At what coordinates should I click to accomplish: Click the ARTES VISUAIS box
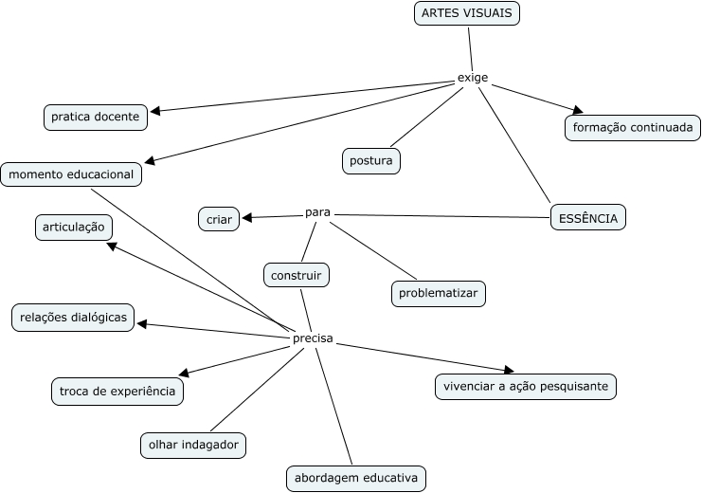click(467, 13)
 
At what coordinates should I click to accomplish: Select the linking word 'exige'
click(472, 78)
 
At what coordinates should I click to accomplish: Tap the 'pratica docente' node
click(95, 118)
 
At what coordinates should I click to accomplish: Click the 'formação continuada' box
click(633, 127)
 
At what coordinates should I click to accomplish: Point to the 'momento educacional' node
click(72, 174)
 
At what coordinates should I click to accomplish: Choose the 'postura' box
click(370, 161)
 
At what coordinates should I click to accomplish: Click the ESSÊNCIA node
click(587, 218)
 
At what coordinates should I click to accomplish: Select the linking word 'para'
click(317, 211)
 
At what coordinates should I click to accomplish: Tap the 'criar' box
click(219, 219)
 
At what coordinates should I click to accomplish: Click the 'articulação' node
click(74, 228)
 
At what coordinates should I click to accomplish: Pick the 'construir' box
click(297, 276)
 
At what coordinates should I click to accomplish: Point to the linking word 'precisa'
click(312, 338)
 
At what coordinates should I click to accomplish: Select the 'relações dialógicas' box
click(73, 318)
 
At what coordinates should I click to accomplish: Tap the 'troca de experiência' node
click(117, 391)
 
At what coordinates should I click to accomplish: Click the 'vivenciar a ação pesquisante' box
click(526, 387)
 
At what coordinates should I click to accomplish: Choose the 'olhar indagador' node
click(193, 445)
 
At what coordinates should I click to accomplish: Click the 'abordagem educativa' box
click(355, 478)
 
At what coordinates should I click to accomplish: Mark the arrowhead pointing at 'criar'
click(247, 218)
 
